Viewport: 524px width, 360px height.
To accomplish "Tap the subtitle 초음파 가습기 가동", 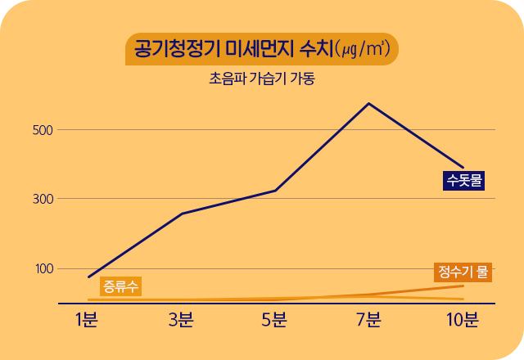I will (262, 80).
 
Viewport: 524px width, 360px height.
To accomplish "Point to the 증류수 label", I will (120, 286).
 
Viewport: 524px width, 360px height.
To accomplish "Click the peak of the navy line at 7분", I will (368, 103).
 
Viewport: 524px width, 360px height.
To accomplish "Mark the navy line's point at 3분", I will (181, 214).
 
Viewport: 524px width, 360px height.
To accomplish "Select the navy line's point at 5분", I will (275, 191).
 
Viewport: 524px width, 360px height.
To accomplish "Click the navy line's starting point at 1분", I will (88, 277).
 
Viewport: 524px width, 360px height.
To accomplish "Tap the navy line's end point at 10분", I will (463, 167).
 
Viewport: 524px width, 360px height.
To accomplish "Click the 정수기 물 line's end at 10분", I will (463, 286).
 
